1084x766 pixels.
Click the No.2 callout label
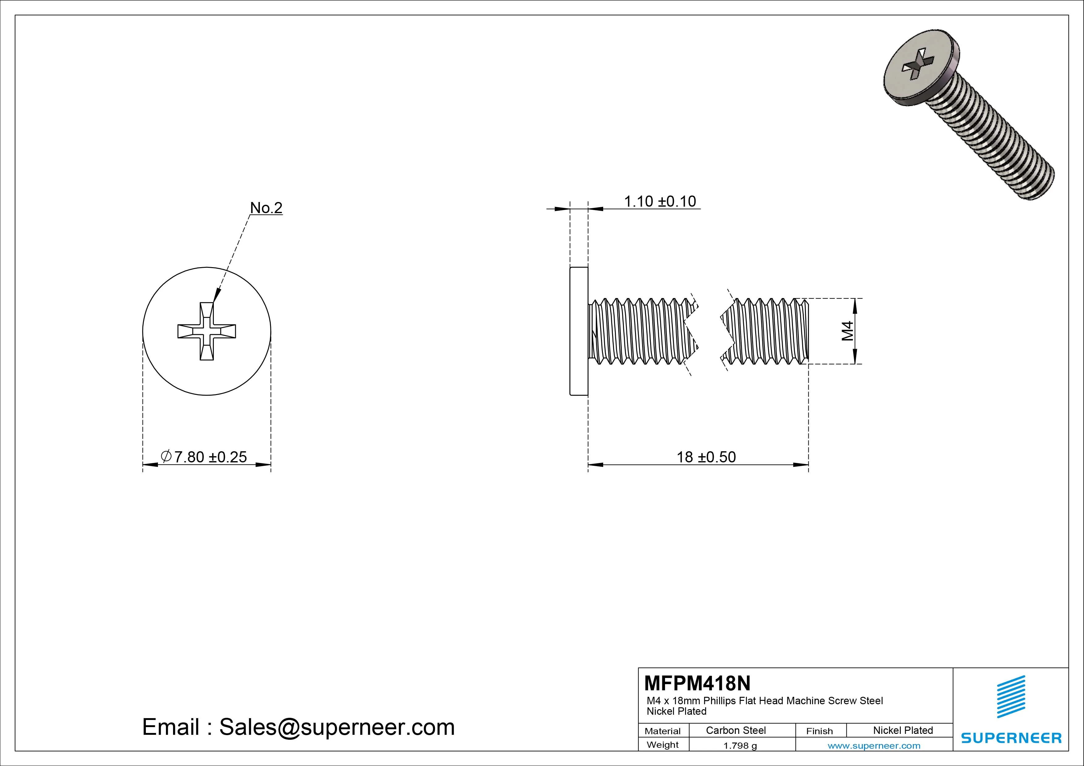(266, 208)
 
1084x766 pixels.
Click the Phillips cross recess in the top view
(207, 331)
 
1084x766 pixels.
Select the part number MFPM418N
(697, 683)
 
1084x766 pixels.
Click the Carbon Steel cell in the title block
(735, 730)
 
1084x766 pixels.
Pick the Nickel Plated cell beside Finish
(903, 730)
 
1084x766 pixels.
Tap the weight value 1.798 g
(740, 746)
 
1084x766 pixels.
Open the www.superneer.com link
(874, 746)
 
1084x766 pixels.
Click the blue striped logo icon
(1011, 697)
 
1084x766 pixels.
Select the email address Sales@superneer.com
(337, 727)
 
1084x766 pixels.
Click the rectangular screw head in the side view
(579, 331)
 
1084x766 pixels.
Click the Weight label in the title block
(663, 745)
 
